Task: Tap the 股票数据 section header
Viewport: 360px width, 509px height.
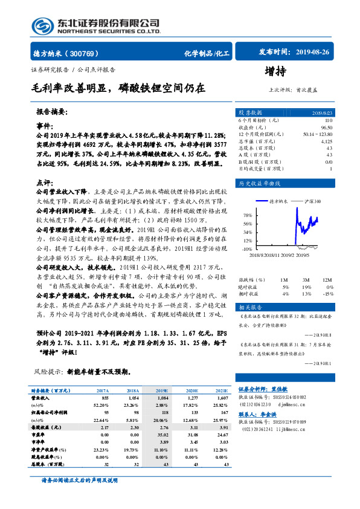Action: click(x=250, y=113)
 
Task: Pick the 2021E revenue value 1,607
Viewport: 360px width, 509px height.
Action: click(x=222, y=398)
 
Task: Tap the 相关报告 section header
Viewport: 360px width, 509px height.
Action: click(x=250, y=307)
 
